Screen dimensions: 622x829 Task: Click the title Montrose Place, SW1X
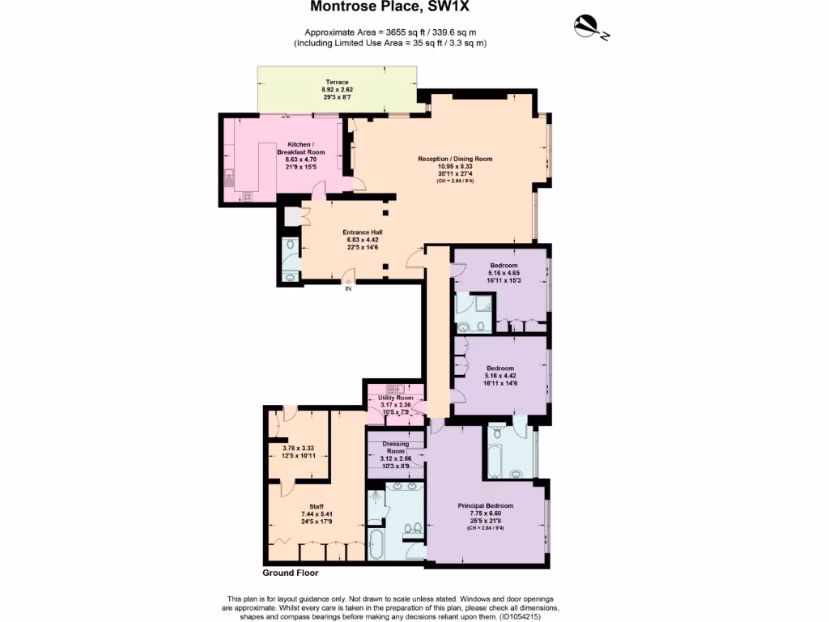pyautogui.click(x=390, y=7)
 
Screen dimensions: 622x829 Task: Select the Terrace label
pyautogui.click(x=338, y=83)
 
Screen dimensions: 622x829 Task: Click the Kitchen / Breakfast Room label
pyautogui.click(x=300, y=148)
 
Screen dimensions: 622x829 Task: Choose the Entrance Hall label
pyautogui.click(x=362, y=232)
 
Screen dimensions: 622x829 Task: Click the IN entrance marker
pyautogui.click(x=348, y=288)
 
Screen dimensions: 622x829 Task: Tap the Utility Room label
pyautogui.click(x=395, y=398)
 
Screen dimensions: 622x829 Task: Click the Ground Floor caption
pyautogui.click(x=291, y=573)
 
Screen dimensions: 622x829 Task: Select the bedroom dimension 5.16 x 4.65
pyautogui.click(x=503, y=273)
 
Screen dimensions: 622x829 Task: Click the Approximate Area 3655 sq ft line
pyautogui.click(x=389, y=32)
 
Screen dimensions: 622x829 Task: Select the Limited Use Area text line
pyautogui.click(x=389, y=42)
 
